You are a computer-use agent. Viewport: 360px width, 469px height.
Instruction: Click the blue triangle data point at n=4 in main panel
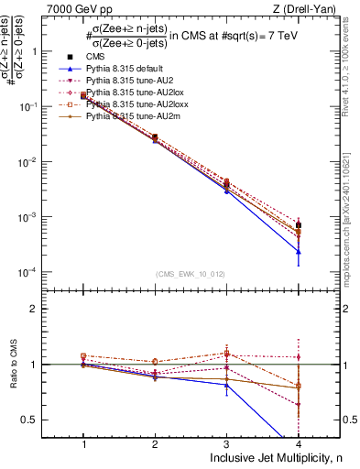298,251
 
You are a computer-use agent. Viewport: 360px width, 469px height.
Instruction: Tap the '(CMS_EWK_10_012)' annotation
191,274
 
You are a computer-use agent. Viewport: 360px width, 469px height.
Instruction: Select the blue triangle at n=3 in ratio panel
226,385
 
